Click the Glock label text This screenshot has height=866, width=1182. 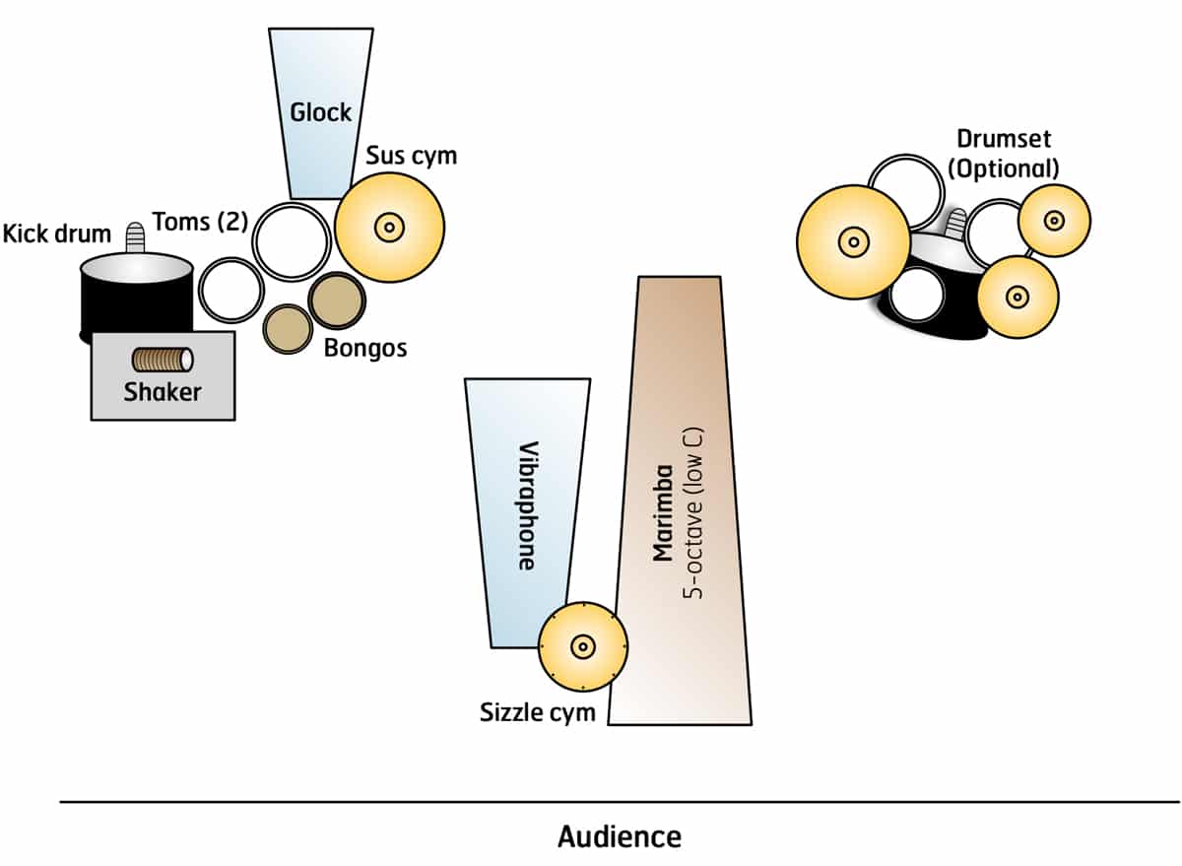(320, 112)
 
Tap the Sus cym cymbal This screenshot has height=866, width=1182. (389, 228)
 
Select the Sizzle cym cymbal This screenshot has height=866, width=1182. (583, 646)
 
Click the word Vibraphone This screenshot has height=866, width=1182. (527, 504)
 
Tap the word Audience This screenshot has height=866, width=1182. (619, 837)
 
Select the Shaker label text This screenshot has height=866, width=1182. (163, 392)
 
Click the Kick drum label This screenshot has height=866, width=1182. (56, 234)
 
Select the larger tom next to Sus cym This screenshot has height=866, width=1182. (292, 241)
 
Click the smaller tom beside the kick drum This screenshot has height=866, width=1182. (230, 290)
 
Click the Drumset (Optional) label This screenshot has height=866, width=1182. (1003, 154)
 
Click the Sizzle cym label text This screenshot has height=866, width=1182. (538, 712)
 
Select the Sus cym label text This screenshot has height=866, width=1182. (412, 156)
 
